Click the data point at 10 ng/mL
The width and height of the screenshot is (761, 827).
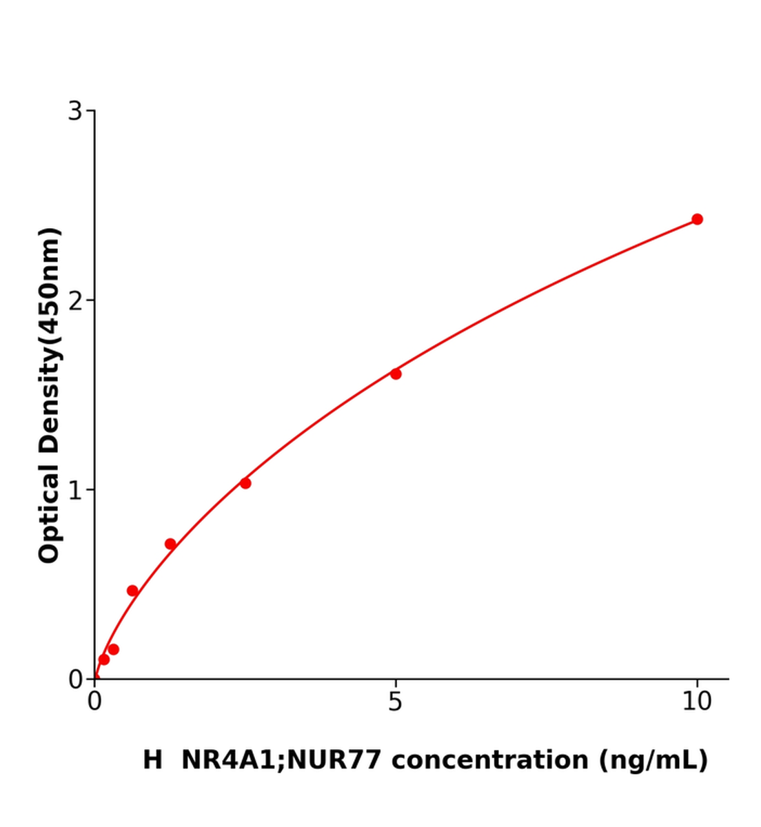tap(697, 219)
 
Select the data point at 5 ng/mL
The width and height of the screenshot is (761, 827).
tap(396, 374)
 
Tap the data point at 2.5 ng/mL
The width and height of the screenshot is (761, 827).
tap(245, 483)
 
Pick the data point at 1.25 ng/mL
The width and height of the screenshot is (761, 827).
tap(170, 544)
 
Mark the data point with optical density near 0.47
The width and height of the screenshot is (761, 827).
tap(132, 591)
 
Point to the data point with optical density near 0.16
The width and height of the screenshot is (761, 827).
tap(114, 649)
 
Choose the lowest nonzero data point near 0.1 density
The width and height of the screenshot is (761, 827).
tap(104, 660)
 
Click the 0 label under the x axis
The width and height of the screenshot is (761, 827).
tap(94, 702)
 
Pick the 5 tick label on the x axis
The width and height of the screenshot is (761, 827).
tap(395, 702)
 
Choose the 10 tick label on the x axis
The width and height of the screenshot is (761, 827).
tap(696, 702)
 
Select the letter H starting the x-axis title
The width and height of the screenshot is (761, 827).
tap(152, 760)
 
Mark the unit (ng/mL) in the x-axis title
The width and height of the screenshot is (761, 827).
tap(653, 760)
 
